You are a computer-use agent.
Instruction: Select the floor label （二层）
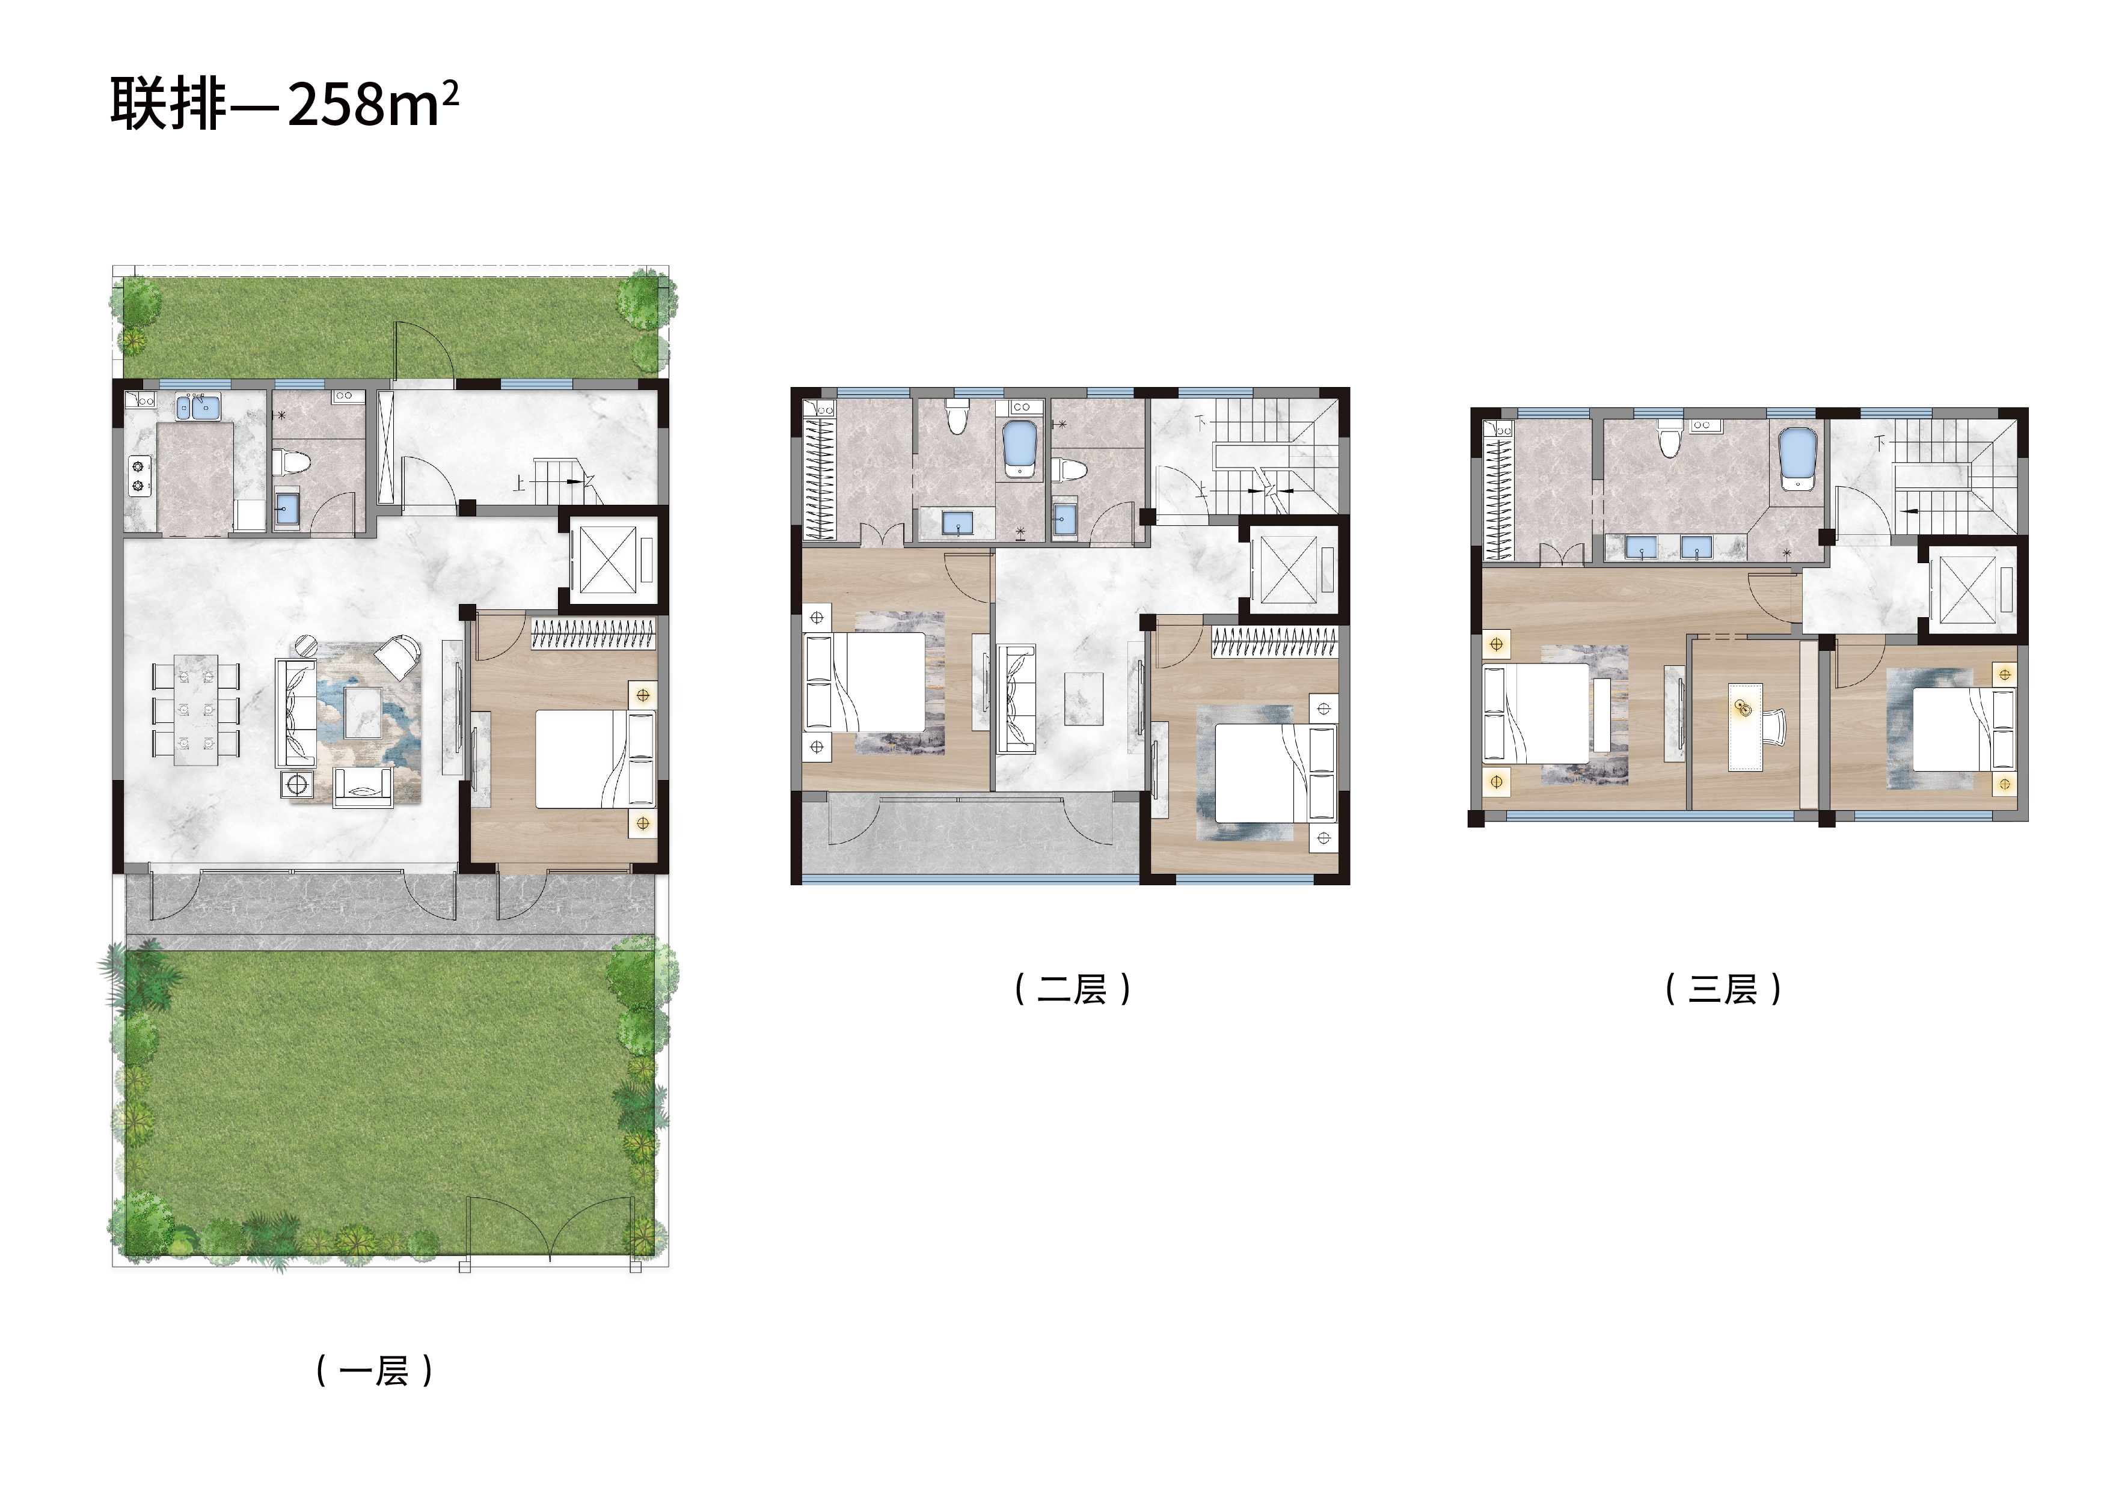(1073, 989)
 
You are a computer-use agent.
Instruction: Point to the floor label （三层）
(1723, 989)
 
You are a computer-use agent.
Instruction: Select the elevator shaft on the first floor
(607, 560)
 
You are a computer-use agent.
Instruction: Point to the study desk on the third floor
(1745, 725)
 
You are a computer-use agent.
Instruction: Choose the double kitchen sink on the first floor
(198, 406)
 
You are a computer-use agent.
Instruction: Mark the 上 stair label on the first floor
(519, 483)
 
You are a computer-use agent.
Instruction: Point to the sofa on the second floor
(1016, 699)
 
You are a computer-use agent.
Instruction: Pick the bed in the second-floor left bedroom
(865, 681)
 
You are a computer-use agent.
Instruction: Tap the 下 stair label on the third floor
(1880, 443)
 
